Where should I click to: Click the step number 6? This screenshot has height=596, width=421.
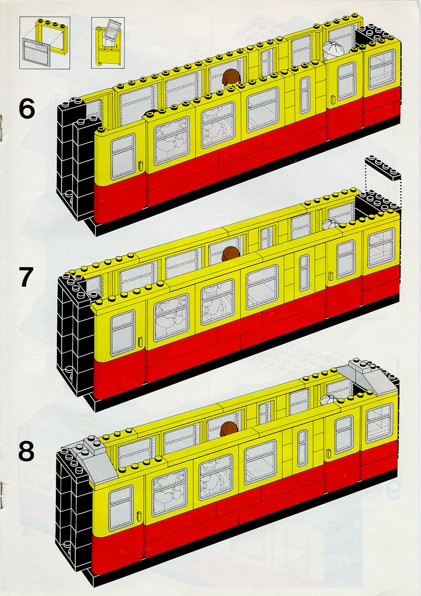click(x=27, y=108)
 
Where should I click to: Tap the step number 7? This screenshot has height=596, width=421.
click(x=27, y=277)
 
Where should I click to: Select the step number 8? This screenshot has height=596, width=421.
click(x=26, y=451)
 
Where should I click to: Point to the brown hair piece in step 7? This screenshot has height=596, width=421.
click(x=231, y=254)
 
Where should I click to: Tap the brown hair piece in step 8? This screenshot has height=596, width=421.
click(x=228, y=429)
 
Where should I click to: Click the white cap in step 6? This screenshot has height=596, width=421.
click(x=334, y=49)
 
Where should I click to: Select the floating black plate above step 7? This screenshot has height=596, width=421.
click(x=383, y=167)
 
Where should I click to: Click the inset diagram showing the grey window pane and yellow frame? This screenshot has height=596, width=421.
click(x=45, y=43)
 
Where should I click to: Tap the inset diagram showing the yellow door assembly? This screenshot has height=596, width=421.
click(x=107, y=43)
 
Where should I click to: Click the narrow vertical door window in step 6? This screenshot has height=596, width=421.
click(x=305, y=95)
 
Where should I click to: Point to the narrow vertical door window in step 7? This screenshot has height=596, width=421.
click(x=304, y=273)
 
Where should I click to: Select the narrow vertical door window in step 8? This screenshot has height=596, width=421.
click(x=302, y=448)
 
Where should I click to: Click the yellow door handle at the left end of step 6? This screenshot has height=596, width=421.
click(x=140, y=166)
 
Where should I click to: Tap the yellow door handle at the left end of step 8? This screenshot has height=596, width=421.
click(x=139, y=517)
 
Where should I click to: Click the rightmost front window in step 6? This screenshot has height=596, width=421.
click(x=382, y=69)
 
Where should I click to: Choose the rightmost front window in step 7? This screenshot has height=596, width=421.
click(x=381, y=248)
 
